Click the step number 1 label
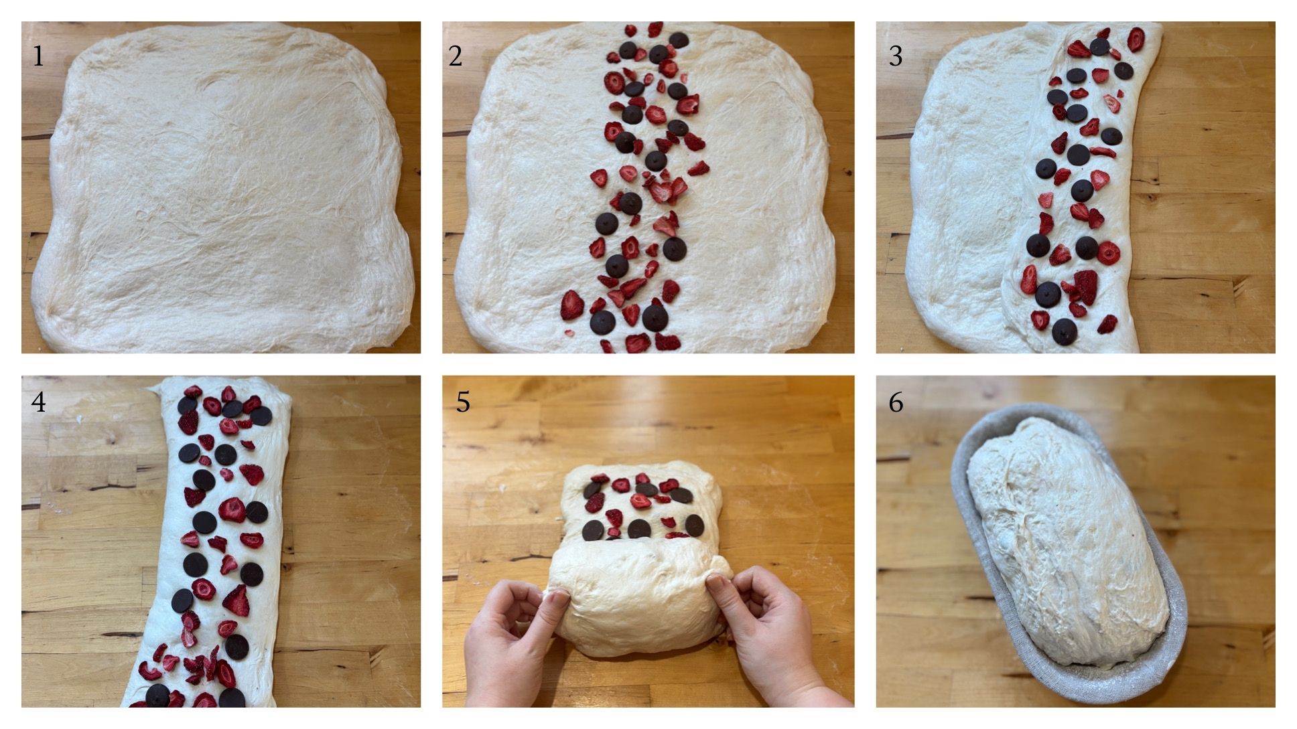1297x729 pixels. coord(38,56)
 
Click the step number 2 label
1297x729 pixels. coord(456,56)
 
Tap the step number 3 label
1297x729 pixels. coord(896,56)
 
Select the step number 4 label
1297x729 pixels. coord(38,402)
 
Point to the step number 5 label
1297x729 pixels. coord(463,402)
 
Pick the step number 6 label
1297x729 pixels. coord(896,402)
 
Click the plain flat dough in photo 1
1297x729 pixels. coord(221,187)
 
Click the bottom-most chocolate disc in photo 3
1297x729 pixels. coord(1064,331)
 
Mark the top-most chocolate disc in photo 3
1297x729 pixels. coord(1099,47)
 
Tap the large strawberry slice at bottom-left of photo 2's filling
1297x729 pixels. coord(572,305)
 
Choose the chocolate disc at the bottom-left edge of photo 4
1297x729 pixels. coord(158,695)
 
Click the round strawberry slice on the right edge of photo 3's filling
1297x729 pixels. coord(1109,253)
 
